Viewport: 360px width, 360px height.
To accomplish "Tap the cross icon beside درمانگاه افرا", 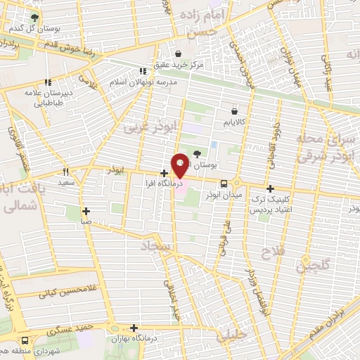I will [164, 173].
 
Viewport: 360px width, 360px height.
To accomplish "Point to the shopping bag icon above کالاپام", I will [235, 110].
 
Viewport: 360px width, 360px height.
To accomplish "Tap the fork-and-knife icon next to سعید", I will [65, 172].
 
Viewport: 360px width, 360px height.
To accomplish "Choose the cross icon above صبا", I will [86, 210].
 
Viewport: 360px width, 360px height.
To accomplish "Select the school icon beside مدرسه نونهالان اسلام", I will [143, 71].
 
